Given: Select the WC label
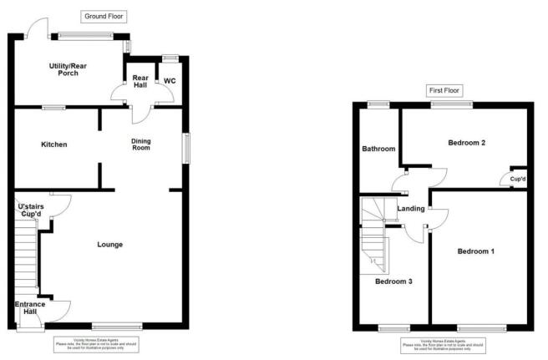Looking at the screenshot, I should pos(170,81).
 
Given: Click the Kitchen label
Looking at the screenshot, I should pos(54,145).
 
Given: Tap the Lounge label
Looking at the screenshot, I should pos(110,244).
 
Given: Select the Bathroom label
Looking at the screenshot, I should pos(378,149).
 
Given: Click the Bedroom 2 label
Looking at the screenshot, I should pos(466,142).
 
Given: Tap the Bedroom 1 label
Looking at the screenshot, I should pos(475,251).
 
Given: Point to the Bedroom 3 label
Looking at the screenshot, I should pos(393,281).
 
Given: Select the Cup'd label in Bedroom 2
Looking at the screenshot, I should pos(518,179).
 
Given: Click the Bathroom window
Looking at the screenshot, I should pos(378,104).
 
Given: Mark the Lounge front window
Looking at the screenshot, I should pos(117,326).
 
